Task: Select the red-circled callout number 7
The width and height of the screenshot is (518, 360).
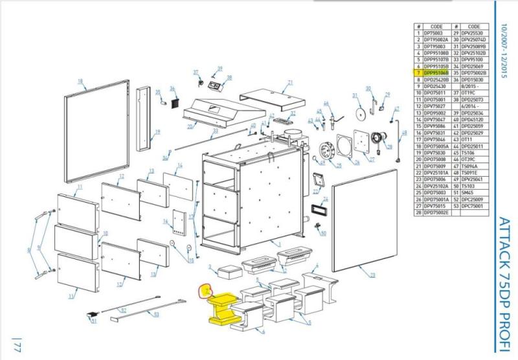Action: pyautogui.click(x=206, y=290)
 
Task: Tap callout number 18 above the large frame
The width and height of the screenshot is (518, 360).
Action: pyautogui.click(x=80, y=81)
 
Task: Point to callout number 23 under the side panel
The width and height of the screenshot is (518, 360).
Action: pyautogui.click(x=372, y=275)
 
